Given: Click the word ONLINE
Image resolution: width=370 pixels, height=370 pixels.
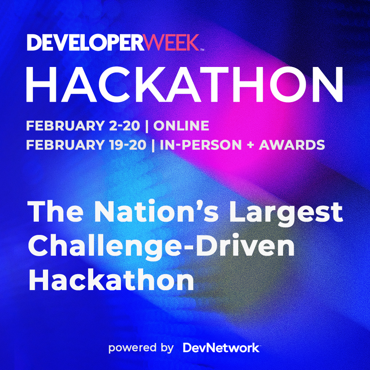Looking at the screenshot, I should tap(181, 126).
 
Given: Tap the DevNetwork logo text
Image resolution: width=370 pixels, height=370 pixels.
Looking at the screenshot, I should tap(221, 348).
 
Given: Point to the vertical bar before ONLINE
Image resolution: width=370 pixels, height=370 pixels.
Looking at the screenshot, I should tap(147, 126).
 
